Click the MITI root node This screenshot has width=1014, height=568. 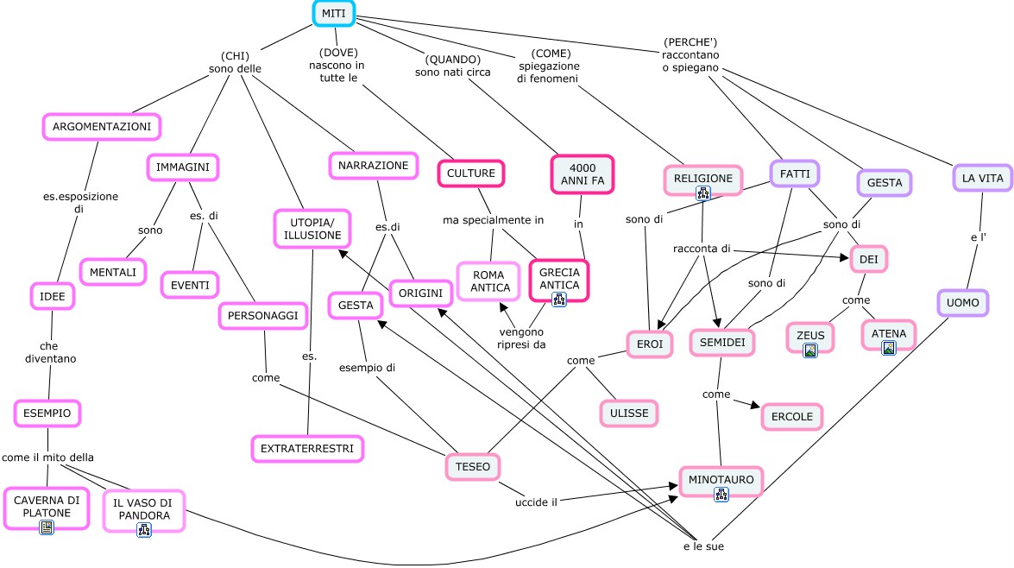pos(334,14)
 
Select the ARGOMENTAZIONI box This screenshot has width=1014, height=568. pos(102,127)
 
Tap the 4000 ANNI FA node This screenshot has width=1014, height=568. pos(581,174)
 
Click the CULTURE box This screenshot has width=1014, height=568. pos(470,174)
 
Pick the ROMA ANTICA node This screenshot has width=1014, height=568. pos(489,281)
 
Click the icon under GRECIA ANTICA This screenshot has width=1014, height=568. pos(558,299)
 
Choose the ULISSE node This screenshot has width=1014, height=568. pos(628,413)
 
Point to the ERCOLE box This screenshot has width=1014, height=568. pos(791,416)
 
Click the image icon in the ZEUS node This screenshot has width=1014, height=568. pos(809,350)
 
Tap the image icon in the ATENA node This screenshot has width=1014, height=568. pos(888,348)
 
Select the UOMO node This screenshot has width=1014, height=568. pos(962,303)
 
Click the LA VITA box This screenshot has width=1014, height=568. pos(981,178)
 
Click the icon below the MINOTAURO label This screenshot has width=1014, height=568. pos(721,494)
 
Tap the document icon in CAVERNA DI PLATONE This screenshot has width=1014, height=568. pos(47,527)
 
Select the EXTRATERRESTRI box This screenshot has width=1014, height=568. pos(307,448)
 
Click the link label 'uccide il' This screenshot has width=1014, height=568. pos(536,502)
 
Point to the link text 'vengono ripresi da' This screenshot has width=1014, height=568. pos(522,338)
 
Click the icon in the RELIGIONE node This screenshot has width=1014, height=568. pos(702,193)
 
